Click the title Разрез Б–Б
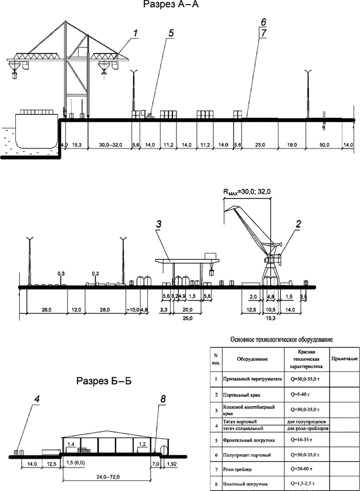tap(104, 382)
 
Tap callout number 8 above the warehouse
tap(164, 399)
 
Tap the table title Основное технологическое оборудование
tap(283, 339)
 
